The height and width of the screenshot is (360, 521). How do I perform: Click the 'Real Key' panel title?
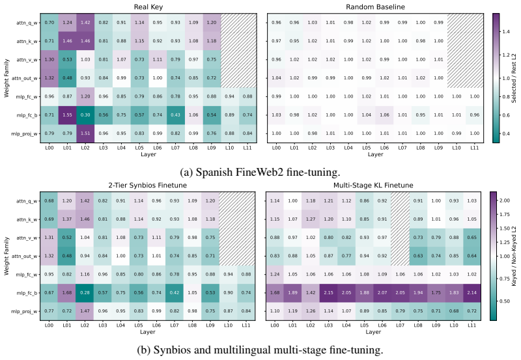point(148,7)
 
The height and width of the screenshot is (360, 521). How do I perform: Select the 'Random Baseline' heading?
point(375,7)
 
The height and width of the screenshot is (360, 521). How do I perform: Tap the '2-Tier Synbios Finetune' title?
point(148,185)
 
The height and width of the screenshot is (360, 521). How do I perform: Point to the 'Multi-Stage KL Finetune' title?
point(373,185)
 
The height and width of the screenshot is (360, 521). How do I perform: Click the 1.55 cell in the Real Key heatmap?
point(67,115)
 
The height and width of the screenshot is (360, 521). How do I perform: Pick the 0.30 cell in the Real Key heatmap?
point(85,115)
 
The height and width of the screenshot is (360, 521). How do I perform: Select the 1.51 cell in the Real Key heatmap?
point(85,133)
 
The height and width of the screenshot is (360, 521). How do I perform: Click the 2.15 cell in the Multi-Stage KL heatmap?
point(328,292)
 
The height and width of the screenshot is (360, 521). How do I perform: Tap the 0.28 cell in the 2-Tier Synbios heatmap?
point(85,292)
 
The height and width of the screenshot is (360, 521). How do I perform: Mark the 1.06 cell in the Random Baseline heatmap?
point(384,115)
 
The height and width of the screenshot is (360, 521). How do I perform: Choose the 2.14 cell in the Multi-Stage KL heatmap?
point(472,292)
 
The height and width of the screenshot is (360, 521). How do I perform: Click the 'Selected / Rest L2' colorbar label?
point(514,77)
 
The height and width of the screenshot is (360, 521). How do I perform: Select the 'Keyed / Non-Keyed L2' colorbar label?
point(514,255)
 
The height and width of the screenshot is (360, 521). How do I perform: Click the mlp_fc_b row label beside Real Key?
point(27,115)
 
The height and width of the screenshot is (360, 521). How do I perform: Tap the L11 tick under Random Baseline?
point(475,148)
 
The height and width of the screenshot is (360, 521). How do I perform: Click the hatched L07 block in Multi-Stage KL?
point(400,228)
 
